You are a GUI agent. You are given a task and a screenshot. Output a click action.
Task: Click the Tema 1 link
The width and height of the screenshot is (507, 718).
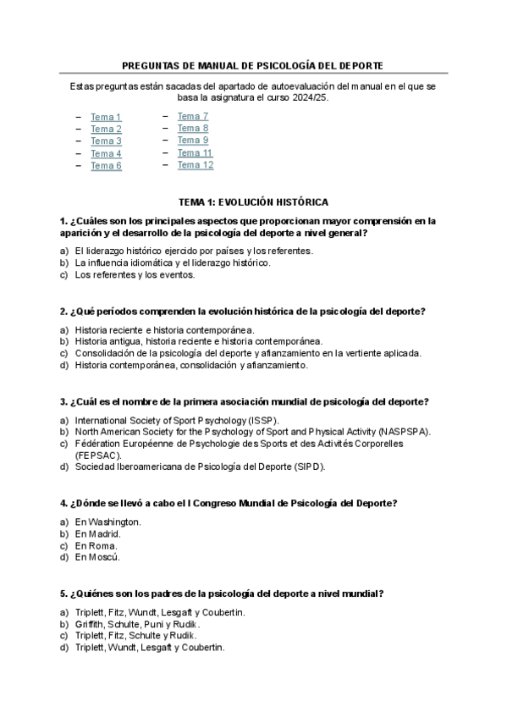tap(106, 117)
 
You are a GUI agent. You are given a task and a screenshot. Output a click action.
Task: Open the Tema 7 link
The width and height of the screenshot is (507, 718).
tap(193, 116)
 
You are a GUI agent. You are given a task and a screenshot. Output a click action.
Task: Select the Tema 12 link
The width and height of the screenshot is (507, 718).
tap(196, 165)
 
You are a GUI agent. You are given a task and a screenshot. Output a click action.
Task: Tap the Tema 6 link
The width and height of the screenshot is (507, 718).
tap(106, 166)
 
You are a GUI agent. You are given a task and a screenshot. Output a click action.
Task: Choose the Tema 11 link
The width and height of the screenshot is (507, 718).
tap(196, 153)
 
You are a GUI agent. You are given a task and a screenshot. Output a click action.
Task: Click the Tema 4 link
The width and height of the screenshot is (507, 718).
tap(106, 154)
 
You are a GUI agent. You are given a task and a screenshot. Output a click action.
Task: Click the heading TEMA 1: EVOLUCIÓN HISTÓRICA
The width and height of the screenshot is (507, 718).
tap(253, 202)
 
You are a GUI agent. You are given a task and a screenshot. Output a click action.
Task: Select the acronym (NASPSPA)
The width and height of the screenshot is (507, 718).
tap(404, 431)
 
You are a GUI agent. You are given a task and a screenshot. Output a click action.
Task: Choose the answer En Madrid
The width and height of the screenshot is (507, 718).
tap(97, 534)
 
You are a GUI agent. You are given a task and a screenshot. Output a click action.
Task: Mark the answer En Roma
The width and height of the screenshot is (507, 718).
tap(96, 546)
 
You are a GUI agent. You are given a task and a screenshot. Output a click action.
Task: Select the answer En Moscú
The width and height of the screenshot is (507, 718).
tap(96, 557)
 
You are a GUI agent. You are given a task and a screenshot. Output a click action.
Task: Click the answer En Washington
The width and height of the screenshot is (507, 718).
tap(107, 522)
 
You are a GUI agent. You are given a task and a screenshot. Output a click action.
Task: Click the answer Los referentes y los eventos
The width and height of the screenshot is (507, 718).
tap(135, 274)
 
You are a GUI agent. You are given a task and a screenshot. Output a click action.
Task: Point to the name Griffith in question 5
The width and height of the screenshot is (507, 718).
tap(91, 624)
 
